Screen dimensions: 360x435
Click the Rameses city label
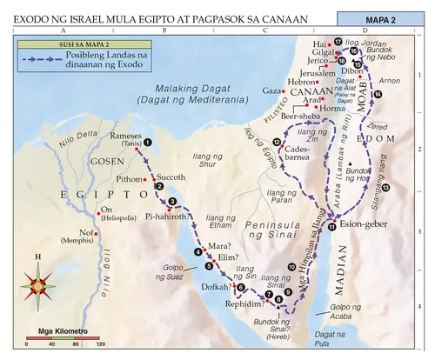128,137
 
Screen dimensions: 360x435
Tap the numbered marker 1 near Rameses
148,142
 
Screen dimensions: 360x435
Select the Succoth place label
171,176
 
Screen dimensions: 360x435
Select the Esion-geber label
362,223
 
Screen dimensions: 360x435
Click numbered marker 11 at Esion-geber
331,227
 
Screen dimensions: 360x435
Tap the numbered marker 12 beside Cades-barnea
276,143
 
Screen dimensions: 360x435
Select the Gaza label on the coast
271,90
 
